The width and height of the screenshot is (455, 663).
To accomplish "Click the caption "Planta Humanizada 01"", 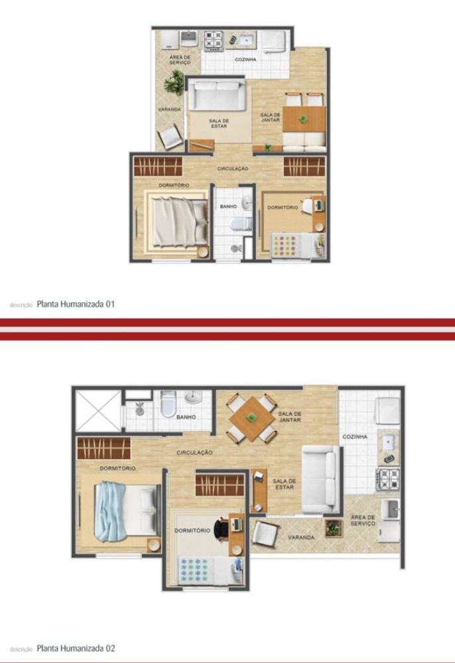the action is (76, 304).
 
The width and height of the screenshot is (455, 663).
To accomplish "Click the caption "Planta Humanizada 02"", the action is (76, 648).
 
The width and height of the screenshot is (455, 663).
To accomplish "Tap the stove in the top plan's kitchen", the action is (214, 41).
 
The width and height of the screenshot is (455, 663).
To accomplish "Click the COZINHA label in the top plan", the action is (245, 60).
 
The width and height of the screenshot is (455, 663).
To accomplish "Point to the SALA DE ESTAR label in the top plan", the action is (219, 123).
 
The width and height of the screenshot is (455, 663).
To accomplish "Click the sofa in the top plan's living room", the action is (218, 96).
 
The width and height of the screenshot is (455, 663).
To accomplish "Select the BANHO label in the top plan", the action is (228, 206).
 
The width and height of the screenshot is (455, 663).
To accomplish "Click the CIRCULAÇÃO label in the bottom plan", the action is (194, 452).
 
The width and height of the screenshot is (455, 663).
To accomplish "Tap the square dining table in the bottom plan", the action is (252, 418).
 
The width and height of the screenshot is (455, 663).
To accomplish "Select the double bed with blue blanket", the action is (127, 512).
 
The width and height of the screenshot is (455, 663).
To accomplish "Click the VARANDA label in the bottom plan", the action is (301, 538).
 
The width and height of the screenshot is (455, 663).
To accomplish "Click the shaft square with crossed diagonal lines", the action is (98, 410).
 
